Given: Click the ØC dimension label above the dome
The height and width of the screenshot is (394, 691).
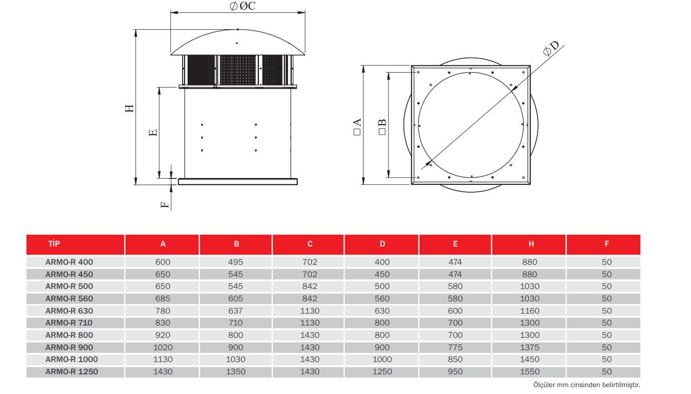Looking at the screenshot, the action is pyautogui.click(x=242, y=6).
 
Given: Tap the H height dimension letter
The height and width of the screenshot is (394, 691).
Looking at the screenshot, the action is pyautogui.click(x=130, y=108).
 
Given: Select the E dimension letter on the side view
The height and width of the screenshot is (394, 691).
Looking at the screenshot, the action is pyautogui.click(x=153, y=133).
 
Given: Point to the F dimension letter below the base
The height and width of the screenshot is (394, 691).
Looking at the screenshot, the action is pyautogui.click(x=165, y=205).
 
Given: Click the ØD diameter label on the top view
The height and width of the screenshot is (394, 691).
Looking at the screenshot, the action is pyautogui.click(x=551, y=48).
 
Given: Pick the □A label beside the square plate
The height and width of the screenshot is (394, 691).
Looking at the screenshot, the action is pyautogui.click(x=357, y=126).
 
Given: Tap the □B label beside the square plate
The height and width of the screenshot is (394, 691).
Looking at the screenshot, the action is pyautogui.click(x=382, y=126).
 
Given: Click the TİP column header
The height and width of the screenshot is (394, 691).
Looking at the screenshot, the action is pyautogui.click(x=54, y=244).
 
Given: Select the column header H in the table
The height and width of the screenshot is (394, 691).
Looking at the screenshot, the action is pyautogui.click(x=531, y=244).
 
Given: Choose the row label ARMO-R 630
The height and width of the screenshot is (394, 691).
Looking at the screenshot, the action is pyautogui.click(x=69, y=311).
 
